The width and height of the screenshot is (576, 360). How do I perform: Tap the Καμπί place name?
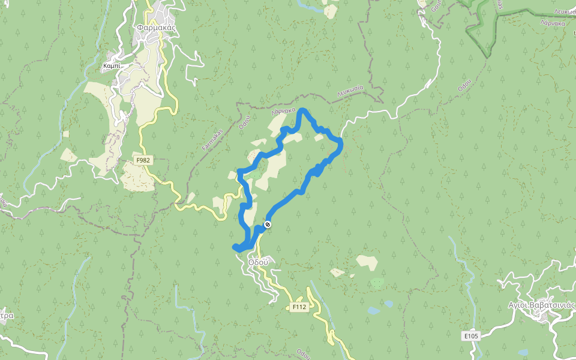coord(112,65)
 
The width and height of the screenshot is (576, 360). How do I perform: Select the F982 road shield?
coord(143,160)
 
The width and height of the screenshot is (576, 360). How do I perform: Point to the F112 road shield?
coord(299,307)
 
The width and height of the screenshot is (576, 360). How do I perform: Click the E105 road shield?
coord(471,336)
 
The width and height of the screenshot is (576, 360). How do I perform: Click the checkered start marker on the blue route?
coord(268,224)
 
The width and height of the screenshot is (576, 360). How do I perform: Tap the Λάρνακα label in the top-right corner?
coord(552,23)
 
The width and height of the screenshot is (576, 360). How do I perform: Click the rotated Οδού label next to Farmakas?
coord(244,122)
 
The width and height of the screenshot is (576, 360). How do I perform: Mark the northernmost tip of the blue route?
coord(303,110)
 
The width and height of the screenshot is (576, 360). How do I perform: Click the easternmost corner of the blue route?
coord(340,142)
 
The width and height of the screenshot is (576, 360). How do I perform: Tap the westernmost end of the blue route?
coord(235,247)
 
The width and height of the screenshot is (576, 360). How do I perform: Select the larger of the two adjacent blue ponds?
coord(374,311)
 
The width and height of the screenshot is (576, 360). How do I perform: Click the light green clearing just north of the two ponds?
coord(377,282)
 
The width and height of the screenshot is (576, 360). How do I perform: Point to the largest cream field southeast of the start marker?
coord(367,262)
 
